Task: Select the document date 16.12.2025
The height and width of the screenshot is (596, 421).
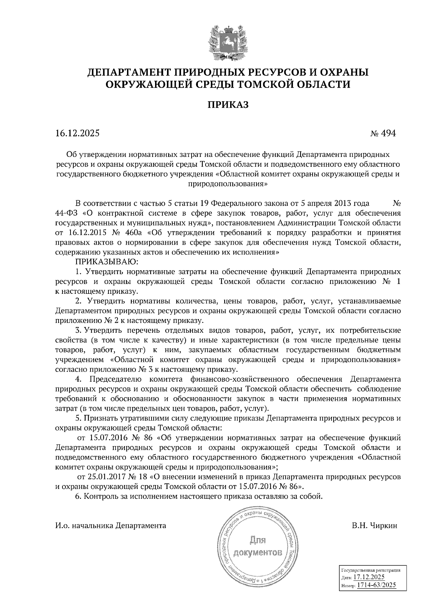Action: (77, 133)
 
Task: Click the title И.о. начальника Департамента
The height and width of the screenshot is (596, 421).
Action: (111, 525)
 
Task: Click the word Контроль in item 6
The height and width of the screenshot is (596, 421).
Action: (99, 496)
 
